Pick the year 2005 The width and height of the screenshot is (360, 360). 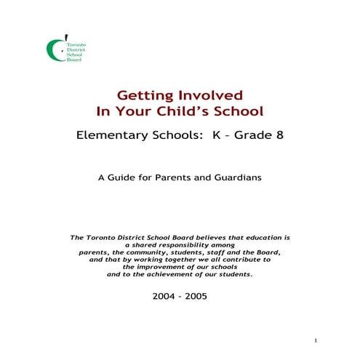(x=195, y=297)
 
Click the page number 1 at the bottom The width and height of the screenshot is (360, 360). (x=316, y=340)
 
